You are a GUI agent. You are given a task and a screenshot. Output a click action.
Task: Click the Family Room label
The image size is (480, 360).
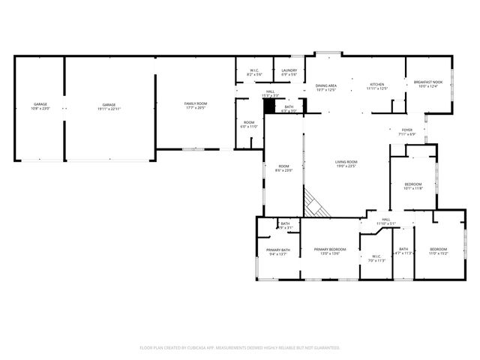click(196, 105)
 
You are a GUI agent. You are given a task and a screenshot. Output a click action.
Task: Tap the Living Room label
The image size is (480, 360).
click(346, 163)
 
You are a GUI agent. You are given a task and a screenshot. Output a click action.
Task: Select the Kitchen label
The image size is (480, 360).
click(376, 86)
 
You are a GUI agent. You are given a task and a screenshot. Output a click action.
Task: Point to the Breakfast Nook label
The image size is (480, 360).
click(428, 83)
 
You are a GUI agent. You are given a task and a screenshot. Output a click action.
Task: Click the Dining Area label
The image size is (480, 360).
click(325, 87)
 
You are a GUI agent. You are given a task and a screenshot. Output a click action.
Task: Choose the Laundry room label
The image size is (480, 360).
click(289, 72)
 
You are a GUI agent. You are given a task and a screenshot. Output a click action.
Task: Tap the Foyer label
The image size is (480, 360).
click(407, 132)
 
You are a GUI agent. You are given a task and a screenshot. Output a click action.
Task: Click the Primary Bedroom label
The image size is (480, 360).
click(330, 251)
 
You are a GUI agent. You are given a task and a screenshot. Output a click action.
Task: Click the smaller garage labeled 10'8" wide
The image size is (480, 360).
click(40, 106)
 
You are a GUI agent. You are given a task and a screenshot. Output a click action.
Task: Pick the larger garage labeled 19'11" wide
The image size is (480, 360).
click(109, 106)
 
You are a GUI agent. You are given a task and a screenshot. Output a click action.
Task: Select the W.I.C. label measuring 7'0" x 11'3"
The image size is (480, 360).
click(376, 259)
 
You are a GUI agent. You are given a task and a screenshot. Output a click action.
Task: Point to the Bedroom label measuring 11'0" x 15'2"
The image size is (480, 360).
click(438, 251)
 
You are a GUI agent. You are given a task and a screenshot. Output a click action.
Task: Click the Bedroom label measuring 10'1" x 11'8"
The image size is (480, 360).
click(413, 186)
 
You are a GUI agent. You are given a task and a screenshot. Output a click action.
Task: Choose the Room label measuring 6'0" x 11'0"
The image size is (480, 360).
click(249, 124)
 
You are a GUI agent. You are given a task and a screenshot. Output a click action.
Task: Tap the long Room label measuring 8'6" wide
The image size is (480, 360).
click(283, 168)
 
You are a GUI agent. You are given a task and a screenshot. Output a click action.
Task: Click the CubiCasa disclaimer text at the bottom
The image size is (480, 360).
click(240, 347)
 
